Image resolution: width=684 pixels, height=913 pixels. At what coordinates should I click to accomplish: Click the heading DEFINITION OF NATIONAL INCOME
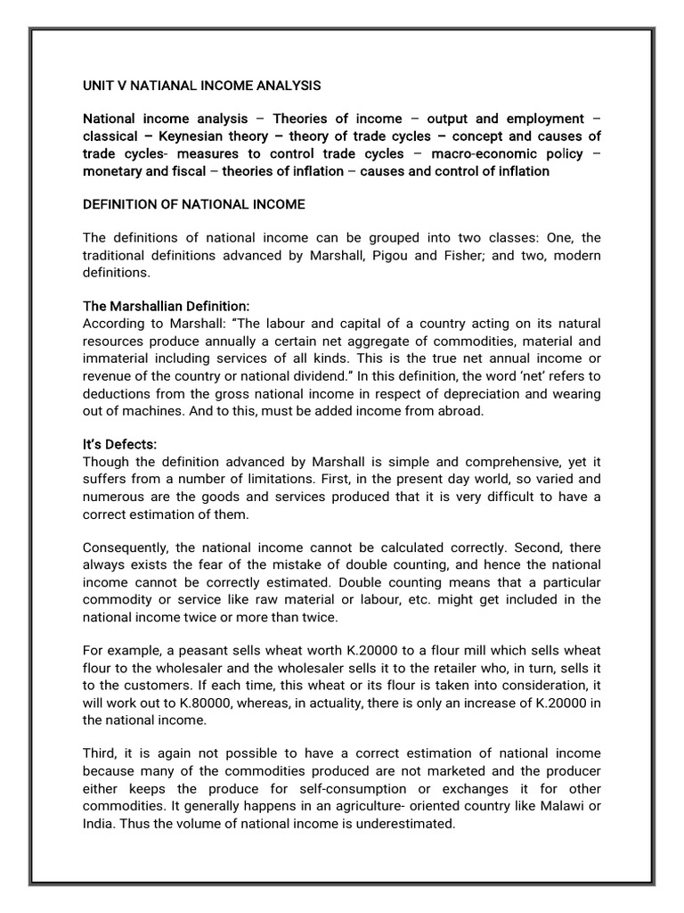tap(193, 204)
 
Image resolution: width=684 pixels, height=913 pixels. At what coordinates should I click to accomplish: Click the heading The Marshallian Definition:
tap(167, 306)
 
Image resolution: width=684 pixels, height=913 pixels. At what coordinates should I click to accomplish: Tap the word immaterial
tap(117, 358)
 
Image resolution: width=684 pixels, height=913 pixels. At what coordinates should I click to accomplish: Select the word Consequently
tap(126, 547)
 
